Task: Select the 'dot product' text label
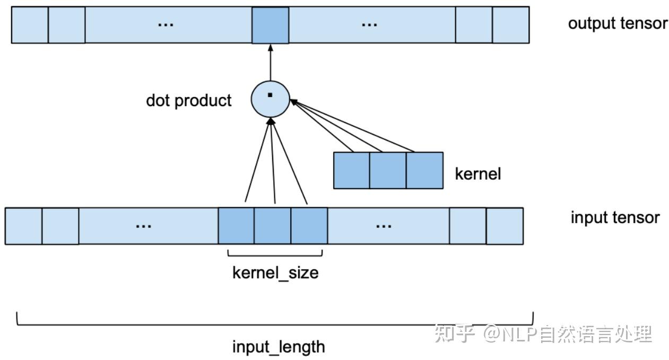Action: point(189,100)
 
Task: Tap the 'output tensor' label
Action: point(618,23)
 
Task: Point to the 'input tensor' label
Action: point(615,217)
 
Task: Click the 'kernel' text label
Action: point(477,173)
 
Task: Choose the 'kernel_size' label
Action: point(275,273)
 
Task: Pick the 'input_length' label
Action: point(279,347)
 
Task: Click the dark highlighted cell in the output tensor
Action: point(270,25)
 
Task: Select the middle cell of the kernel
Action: point(388,170)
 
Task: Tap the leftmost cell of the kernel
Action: point(351,170)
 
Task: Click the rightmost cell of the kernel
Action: point(424,170)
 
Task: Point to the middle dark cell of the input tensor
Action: point(272,225)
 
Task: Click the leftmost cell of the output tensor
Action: point(30,25)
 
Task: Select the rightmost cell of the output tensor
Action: point(510,25)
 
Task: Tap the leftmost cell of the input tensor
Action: point(23,225)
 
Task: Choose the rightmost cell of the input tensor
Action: point(504,225)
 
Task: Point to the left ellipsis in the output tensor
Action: point(166,25)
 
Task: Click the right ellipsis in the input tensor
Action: point(383,225)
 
